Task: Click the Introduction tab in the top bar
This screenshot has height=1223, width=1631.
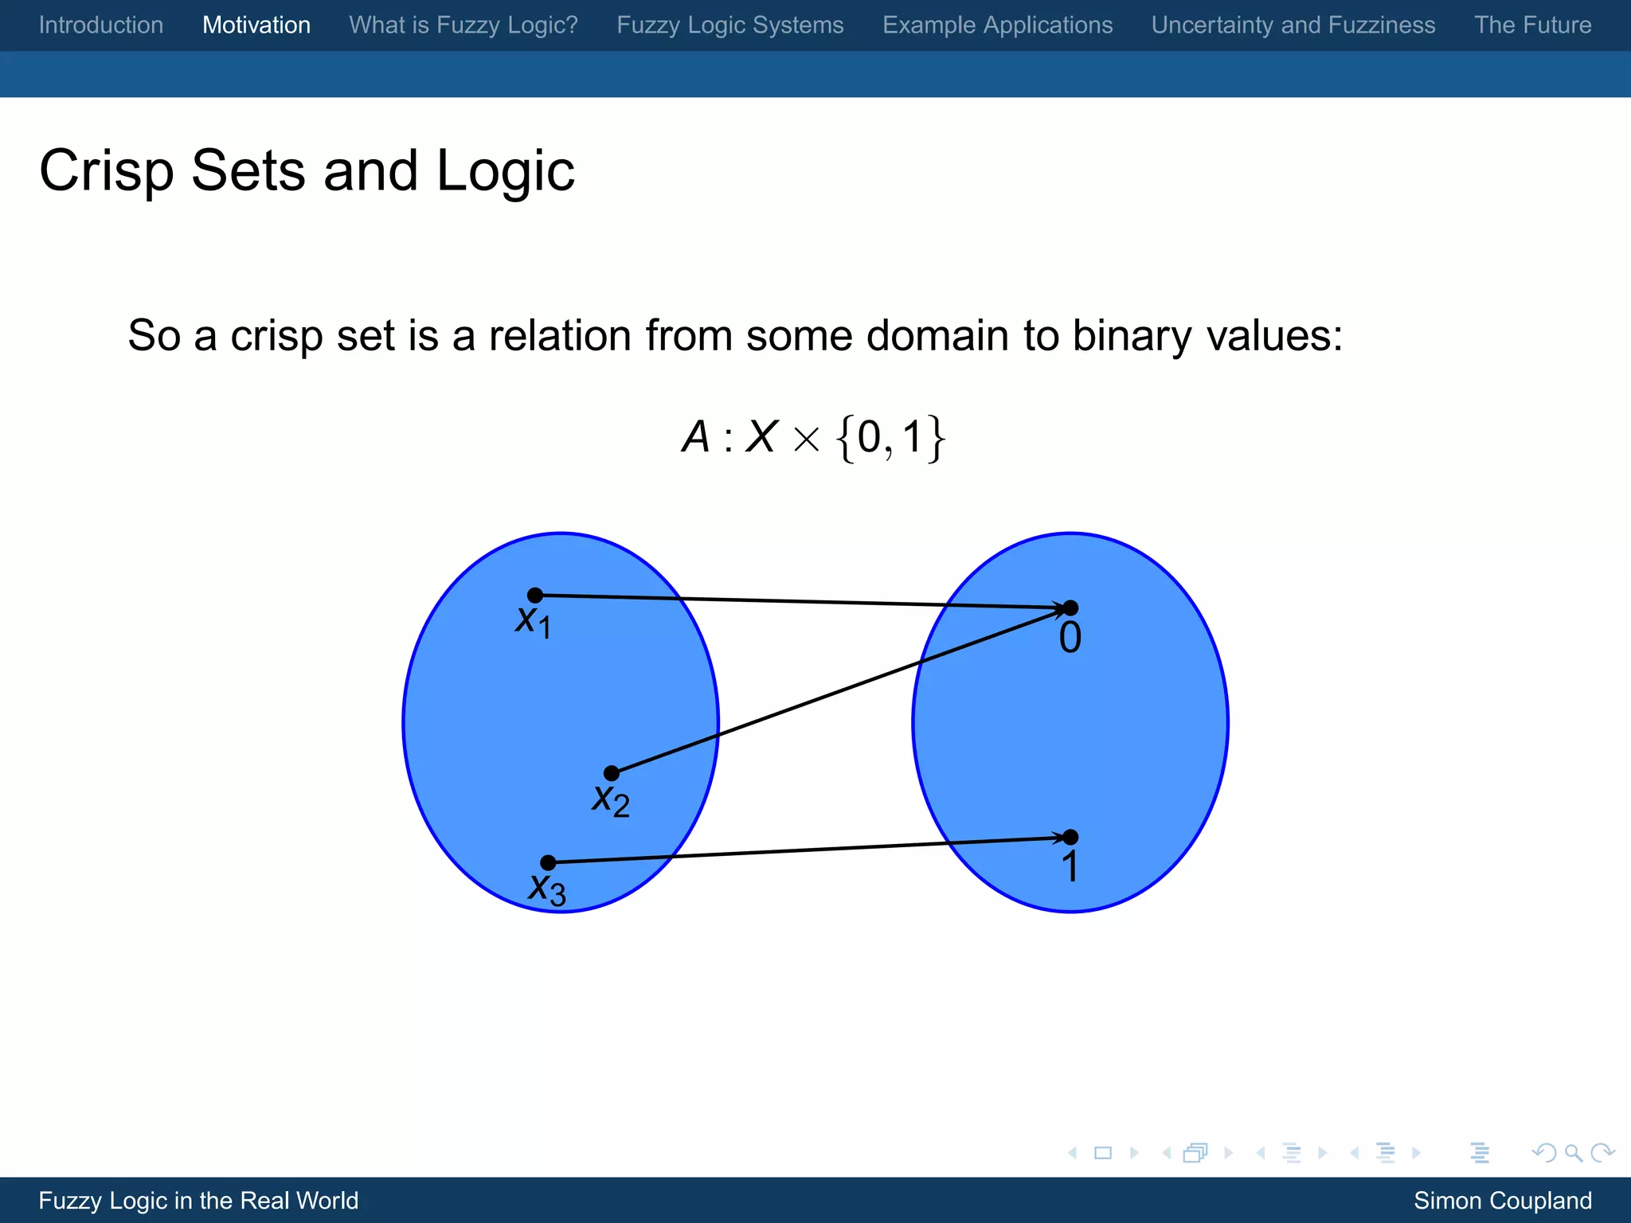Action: (x=101, y=25)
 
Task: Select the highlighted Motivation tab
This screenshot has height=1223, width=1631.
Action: (x=256, y=25)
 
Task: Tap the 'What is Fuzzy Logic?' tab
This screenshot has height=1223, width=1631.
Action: (x=463, y=25)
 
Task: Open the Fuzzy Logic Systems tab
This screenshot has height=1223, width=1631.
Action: (x=729, y=25)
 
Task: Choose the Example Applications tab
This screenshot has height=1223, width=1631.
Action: (x=997, y=25)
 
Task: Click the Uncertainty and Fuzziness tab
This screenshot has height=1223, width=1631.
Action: (x=1293, y=25)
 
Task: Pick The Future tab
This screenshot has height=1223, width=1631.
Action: (x=1532, y=25)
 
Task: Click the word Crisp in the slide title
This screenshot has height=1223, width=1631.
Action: (x=106, y=172)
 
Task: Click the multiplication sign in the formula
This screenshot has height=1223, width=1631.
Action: (x=806, y=440)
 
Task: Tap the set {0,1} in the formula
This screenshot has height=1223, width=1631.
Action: (x=890, y=438)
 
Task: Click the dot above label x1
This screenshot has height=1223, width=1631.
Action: (x=535, y=595)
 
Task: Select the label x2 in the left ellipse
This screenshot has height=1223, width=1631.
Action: (x=610, y=799)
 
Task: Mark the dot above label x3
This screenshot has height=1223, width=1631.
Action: (x=548, y=862)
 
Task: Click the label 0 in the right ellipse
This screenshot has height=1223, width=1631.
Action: (x=1070, y=639)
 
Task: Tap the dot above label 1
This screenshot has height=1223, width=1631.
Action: (x=1070, y=837)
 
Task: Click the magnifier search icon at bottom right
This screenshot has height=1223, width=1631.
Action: (x=1573, y=1153)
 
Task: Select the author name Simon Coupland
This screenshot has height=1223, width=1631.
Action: (x=1502, y=1201)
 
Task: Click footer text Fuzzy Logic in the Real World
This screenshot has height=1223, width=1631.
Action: (x=198, y=1201)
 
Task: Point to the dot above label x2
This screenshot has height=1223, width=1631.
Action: (x=611, y=773)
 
